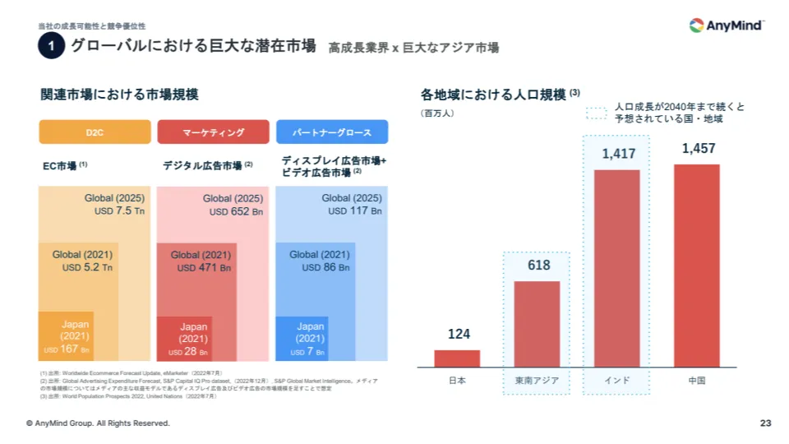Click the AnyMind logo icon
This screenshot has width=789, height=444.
[696, 25]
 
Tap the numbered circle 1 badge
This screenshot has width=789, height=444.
[51, 48]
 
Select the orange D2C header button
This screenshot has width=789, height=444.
[95, 132]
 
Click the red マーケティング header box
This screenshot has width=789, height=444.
[213, 132]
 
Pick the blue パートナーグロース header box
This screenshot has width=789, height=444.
[332, 132]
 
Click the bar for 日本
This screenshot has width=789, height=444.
[457, 358]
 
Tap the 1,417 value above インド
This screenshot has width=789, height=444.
[617, 154]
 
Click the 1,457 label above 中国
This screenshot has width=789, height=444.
[698, 149]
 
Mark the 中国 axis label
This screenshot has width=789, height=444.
[698, 382]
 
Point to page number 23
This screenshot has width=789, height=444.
[765, 423]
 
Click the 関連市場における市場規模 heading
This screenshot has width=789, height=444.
[119, 95]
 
